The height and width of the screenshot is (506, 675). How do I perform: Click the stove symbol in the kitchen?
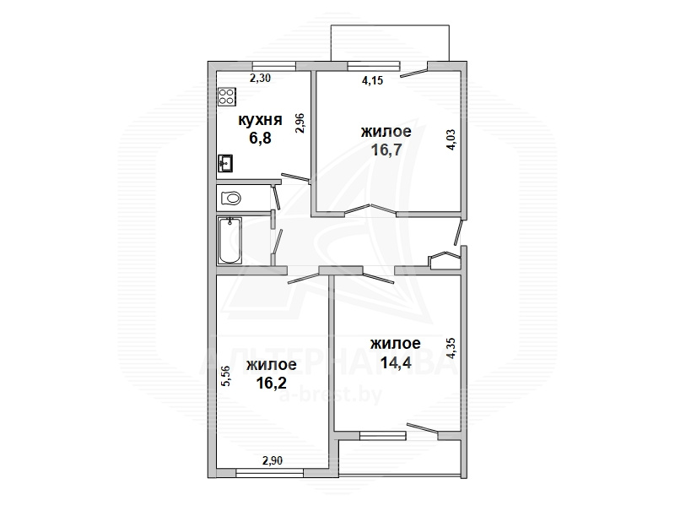coord(227,97)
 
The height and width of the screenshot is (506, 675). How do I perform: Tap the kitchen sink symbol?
coord(225,163)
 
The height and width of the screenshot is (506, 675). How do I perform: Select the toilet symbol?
coord(230,199)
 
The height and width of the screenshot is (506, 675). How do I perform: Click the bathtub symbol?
coord(229,241)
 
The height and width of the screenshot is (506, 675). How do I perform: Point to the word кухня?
coord(260,120)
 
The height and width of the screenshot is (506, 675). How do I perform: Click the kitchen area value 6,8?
coord(260,138)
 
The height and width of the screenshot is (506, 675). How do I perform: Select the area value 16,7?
coord(386,150)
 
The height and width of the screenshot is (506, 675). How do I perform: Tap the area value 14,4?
coord(396,362)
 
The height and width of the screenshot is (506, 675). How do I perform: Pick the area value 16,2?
coord(271,383)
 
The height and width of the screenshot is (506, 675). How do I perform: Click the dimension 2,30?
coord(261,78)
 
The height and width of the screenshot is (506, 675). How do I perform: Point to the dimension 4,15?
coord(372,80)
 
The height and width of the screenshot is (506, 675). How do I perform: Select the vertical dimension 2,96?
coord(300,122)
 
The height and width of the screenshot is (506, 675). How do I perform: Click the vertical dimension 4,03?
coord(451,140)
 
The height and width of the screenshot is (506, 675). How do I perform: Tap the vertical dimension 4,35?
coord(451,348)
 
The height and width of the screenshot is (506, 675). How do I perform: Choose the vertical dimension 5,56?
coord(226,376)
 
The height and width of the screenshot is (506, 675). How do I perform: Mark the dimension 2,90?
coord(273,460)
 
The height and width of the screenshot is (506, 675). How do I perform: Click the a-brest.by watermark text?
coord(331,394)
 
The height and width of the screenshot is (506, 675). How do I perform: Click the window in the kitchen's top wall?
coord(273,66)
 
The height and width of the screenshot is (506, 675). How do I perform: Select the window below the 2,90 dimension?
coord(270,473)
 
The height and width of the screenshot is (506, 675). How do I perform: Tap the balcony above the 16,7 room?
coord(390,43)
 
